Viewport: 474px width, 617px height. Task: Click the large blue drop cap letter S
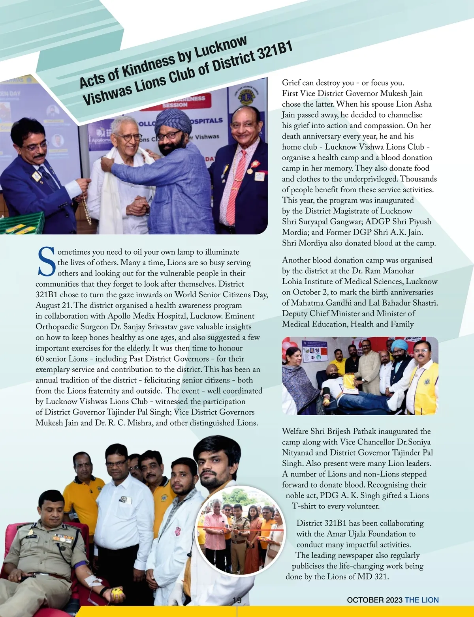[47, 262]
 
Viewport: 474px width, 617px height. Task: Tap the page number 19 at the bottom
[237, 600]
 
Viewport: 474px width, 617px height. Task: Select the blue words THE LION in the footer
[422, 600]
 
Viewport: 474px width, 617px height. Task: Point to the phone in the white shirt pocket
[126, 500]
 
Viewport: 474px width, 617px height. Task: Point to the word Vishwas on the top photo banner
[207, 137]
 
